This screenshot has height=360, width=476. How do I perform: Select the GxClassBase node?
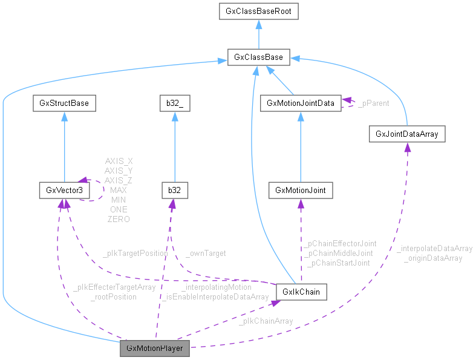[258, 58]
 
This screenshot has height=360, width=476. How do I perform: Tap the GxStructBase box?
[64, 103]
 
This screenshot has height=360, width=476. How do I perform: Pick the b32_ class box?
[174, 103]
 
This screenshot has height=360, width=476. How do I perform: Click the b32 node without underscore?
[174, 190]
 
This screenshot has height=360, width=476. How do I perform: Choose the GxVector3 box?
[64, 190]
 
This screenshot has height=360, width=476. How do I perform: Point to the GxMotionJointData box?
[301, 103]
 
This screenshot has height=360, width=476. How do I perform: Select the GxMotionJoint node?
[301, 190]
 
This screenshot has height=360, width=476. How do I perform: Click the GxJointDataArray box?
[407, 133]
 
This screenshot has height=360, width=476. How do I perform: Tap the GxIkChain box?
[301, 292]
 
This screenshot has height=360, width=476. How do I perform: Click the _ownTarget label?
[206, 254]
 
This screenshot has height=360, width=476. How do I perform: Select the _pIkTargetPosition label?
[134, 254]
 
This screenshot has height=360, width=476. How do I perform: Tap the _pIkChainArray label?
[266, 321]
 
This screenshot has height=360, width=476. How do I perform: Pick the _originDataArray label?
[434, 258]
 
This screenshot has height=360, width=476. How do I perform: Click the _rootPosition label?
[113, 296]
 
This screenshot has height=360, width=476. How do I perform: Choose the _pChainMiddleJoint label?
[341, 253]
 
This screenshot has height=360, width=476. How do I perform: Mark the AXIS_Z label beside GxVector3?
[119, 180]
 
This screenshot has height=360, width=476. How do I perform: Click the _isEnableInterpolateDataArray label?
[214, 296]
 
